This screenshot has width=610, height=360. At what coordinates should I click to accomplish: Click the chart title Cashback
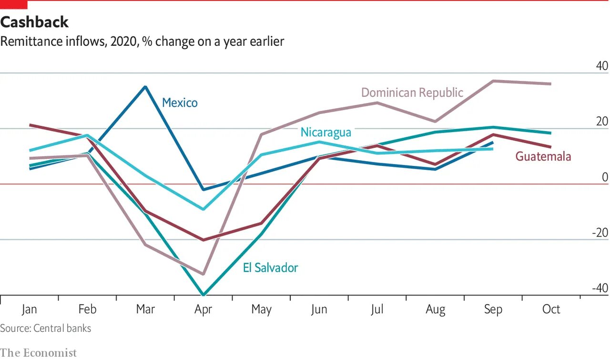coord(34,22)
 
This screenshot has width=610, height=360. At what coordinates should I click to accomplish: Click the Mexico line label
coord(180,103)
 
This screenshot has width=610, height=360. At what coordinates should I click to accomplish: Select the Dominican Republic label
coord(412,92)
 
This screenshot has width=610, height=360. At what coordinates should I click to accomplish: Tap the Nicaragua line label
coord(325,132)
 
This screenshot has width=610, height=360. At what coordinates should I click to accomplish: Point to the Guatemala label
coord(543,156)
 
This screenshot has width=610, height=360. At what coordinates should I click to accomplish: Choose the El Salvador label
coord(270,267)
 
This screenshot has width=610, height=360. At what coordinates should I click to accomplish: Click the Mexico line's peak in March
coord(145,86)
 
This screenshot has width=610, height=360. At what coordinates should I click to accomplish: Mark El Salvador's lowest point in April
coord(203,295)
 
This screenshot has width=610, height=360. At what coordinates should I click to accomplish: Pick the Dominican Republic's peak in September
coord(493,81)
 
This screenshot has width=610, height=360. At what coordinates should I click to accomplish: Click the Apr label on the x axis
coord(203,309)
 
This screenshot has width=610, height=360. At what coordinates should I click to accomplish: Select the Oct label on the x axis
coord(551,309)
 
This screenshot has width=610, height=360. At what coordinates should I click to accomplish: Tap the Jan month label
coord(29,309)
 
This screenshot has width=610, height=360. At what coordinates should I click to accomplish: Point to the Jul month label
coord(377,309)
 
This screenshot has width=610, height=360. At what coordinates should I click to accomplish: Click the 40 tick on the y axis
coord(601,66)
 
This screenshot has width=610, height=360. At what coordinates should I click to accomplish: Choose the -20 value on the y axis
coord(600,233)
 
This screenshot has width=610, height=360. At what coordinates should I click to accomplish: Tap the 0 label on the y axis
coord(605,177)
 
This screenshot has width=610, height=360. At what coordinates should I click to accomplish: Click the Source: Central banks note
coord(45,328)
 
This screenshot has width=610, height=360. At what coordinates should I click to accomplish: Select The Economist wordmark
coord(38,353)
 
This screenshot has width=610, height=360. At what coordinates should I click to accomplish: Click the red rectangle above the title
coord(13,5)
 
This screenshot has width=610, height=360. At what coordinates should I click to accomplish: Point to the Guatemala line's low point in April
coord(203,240)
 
